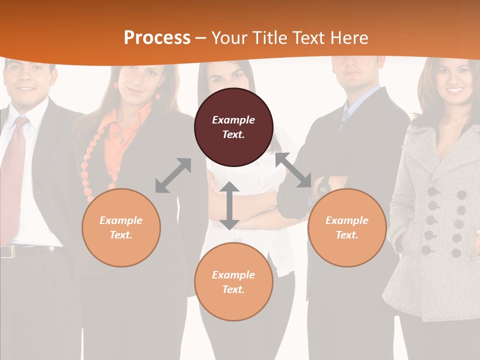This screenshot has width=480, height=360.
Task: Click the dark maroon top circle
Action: click(x=233, y=127)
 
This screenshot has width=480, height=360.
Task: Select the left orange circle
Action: click(x=121, y=227)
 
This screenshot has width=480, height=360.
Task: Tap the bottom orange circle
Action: click(x=233, y=281)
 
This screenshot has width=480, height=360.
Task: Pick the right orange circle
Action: click(x=346, y=227)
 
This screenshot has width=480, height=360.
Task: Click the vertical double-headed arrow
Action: click(x=229, y=205)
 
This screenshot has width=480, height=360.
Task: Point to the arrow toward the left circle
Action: click(x=173, y=175)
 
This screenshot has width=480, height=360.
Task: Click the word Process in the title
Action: click(x=157, y=37)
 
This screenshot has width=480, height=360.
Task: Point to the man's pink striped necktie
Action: click(x=13, y=175)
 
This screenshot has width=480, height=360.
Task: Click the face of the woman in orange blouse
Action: click(x=140, y=82)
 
